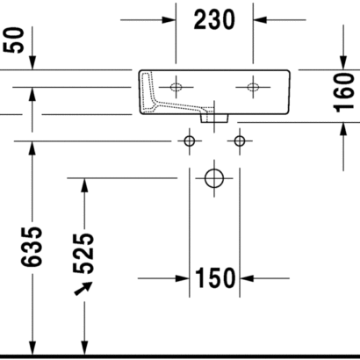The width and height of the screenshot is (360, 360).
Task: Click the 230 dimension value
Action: [x=214, y=19]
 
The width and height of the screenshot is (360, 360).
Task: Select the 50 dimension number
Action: [x=13, y=40]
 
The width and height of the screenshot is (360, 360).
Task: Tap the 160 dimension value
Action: [x=344, y=93]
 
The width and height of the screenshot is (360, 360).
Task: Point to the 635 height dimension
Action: [x=32, y=247]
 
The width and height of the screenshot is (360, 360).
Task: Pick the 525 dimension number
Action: [x=83, y=254]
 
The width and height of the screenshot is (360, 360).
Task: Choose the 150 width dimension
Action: [x=215, y=278]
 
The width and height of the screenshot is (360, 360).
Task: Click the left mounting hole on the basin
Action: [x=176, y=87]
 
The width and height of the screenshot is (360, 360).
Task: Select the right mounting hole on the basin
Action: [x=253, y=87]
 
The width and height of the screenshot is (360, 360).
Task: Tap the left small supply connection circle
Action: [x=190, y=141]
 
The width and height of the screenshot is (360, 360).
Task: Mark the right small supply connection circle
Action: [x=240, y=141]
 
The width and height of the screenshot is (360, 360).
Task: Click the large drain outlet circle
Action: [x=214, y=178]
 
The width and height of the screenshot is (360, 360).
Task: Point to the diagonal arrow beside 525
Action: [x=83, y=289]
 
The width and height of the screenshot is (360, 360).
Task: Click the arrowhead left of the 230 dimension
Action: [x=169, y=20]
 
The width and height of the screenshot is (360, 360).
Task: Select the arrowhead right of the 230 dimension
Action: [x=260, y=20]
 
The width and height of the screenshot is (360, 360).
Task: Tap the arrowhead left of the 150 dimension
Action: [x=183, y=278]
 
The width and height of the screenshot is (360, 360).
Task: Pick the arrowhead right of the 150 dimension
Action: [x=247, y=278]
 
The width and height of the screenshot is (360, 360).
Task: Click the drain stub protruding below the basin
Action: [x=214, y=119]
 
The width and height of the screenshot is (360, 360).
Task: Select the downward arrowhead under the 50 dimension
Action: [x=32, y=62]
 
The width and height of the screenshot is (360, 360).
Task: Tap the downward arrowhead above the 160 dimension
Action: [x=343, y=62]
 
